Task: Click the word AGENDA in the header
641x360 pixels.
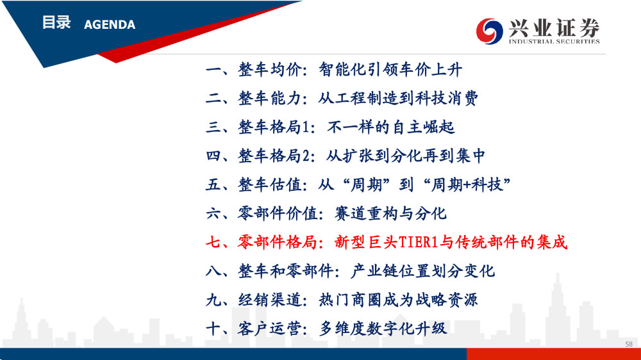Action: coord(110,25)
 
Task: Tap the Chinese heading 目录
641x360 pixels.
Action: coord(57,22)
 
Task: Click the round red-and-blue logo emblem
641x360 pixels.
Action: coord(489,31)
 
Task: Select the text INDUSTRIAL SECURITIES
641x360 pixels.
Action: coord(554,41)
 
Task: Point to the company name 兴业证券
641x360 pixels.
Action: coord(554,28)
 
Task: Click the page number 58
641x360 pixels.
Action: coord(629,344)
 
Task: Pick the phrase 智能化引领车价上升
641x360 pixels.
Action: coord(390,70)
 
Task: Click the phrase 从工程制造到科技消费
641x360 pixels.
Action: coord(398,99)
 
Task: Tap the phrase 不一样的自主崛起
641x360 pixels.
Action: coord(391,127)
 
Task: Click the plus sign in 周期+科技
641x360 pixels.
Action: coord(467,185)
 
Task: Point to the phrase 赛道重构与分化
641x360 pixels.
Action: coord(390,214)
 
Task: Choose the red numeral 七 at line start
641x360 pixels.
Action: coord(213,242)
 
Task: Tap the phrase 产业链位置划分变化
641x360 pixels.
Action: coord(422,271)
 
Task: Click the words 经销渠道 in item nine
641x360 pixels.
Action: coord(270,300)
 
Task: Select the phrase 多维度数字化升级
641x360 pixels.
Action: coord(383,329)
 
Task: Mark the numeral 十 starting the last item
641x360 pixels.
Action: coord(213,329)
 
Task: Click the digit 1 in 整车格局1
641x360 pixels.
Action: coord(306,127)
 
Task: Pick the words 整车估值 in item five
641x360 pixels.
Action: coord(270,185)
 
